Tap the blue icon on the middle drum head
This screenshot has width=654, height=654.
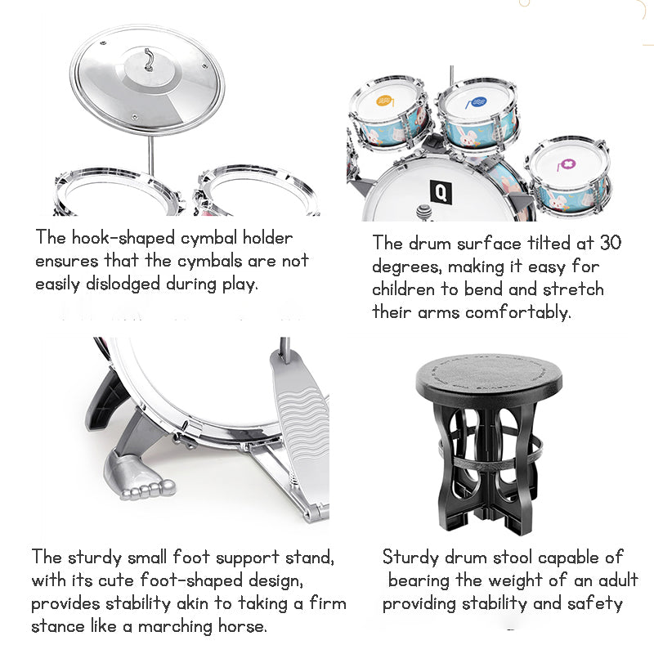tap(474, 103)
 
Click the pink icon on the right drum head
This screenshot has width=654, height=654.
tap(564, 161)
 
